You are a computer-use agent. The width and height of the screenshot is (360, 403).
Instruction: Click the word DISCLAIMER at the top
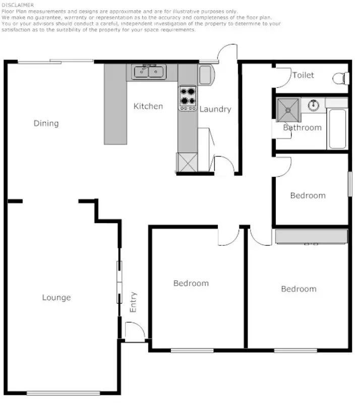tap(18, 5)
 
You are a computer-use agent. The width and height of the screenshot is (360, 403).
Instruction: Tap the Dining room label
tap(46, 123)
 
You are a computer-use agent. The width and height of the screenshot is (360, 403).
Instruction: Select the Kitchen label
tap(148, 106)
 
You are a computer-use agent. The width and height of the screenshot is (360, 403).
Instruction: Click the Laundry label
tap(215, 109)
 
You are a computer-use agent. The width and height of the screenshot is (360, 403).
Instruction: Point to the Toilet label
tap(303, 75)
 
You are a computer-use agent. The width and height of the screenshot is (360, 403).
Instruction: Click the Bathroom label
tap(302, 128)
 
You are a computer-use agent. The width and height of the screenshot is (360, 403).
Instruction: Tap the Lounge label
tap(56, 298)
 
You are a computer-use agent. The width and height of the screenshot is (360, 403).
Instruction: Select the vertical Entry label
tap(134, 302)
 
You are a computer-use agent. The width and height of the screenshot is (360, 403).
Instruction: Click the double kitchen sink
tap(149, 72)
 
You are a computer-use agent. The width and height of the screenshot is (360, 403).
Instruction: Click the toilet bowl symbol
tap(341, 78)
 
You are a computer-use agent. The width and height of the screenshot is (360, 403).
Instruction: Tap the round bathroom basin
tap(313, 105)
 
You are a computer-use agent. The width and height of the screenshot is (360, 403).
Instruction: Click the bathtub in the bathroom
tap(337, 128)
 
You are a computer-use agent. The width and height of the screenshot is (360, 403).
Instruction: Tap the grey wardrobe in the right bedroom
tap(311, 236)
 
